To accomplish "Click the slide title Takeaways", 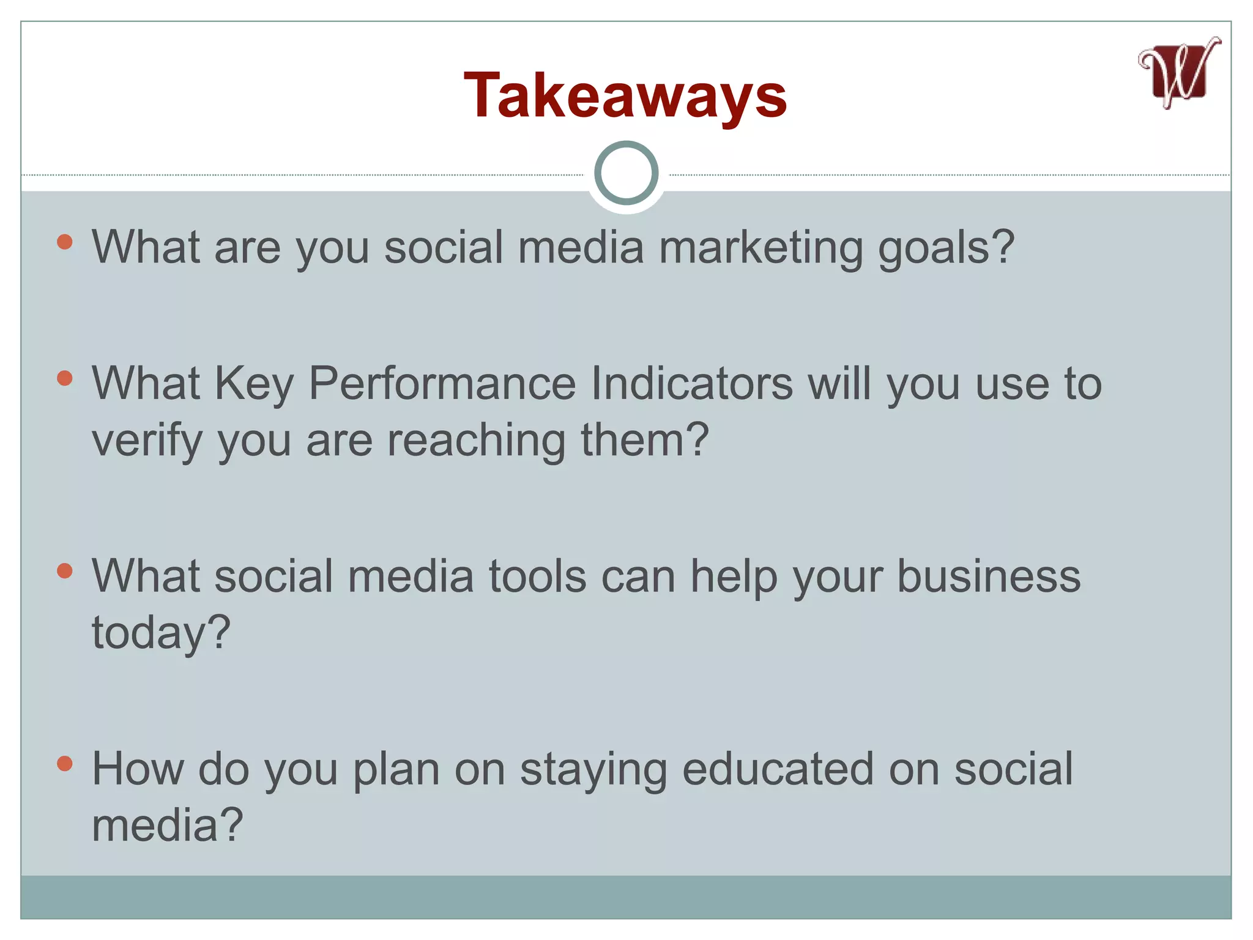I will click(625, 95).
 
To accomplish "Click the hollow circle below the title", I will click(626, 173).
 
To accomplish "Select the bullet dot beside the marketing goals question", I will click(65, 242).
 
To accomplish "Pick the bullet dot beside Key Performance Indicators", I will click(65, 378).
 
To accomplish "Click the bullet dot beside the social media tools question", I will click(65, 571).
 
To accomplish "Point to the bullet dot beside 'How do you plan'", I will click(65, 763).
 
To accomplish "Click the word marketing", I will click(760, 248).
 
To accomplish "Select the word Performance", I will click(442, 384).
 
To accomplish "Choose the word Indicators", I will click(691, 384).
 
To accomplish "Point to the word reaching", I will click(477, 441).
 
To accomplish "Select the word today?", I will click(161, 633).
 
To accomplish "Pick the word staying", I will click(593, 769).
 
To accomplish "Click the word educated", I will click(778, 769).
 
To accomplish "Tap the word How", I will click(138, 769).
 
